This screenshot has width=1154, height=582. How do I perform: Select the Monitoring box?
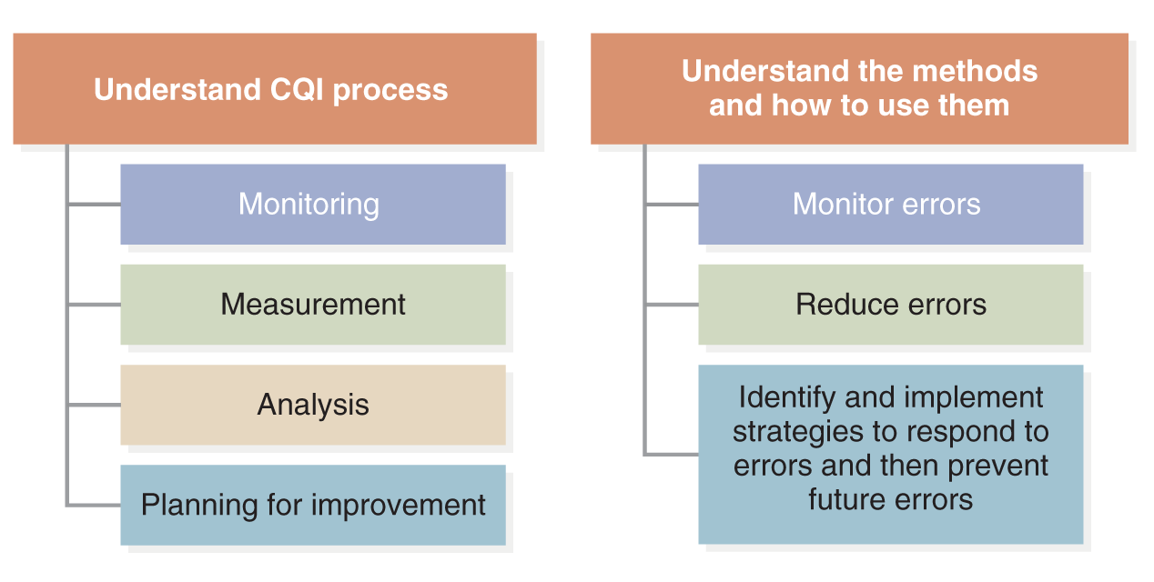(x=313, y=205)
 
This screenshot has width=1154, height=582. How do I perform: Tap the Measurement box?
(x=313, y=305)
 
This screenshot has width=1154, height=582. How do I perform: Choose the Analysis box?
(x=313, y=405)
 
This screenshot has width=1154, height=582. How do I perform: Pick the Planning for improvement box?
(x=313, y=505)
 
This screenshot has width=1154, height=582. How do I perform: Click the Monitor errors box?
(x=891, y=205)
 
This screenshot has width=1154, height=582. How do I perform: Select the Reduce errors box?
(x=891, y=305)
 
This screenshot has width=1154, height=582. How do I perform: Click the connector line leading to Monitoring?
(x=95, y=205)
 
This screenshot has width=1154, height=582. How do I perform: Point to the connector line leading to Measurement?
(x=95, y=305)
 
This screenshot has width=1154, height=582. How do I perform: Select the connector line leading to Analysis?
(x=95, y=405)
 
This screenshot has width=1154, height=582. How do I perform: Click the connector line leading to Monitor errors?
(x=673, y=205)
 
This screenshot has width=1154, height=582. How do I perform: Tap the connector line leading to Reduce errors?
(x=673, y=305)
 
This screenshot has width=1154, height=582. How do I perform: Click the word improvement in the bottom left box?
(x=398, y=506)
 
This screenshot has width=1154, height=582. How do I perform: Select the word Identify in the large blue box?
(x=786, y=398)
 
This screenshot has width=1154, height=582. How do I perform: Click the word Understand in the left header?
(x=177, y=89)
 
